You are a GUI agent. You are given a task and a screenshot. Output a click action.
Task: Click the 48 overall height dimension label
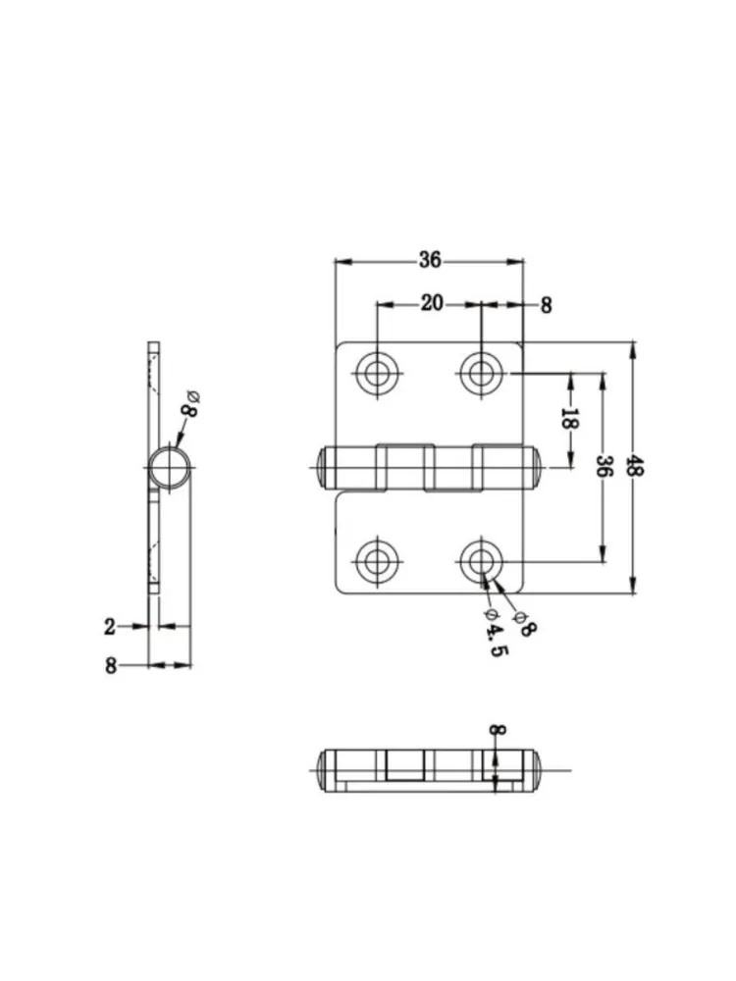pos(635,466)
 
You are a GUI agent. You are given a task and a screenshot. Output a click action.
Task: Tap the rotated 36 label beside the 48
pos(604,466)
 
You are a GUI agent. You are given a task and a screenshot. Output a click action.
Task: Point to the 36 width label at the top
pos(430,260)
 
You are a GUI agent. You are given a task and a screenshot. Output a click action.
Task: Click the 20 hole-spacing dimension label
pos(431,303)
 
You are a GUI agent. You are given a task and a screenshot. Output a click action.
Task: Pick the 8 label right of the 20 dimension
pos(547,305)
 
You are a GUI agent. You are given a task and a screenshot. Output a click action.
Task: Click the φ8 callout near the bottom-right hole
pos(523,624)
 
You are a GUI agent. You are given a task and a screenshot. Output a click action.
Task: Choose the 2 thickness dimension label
pos(110,626)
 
